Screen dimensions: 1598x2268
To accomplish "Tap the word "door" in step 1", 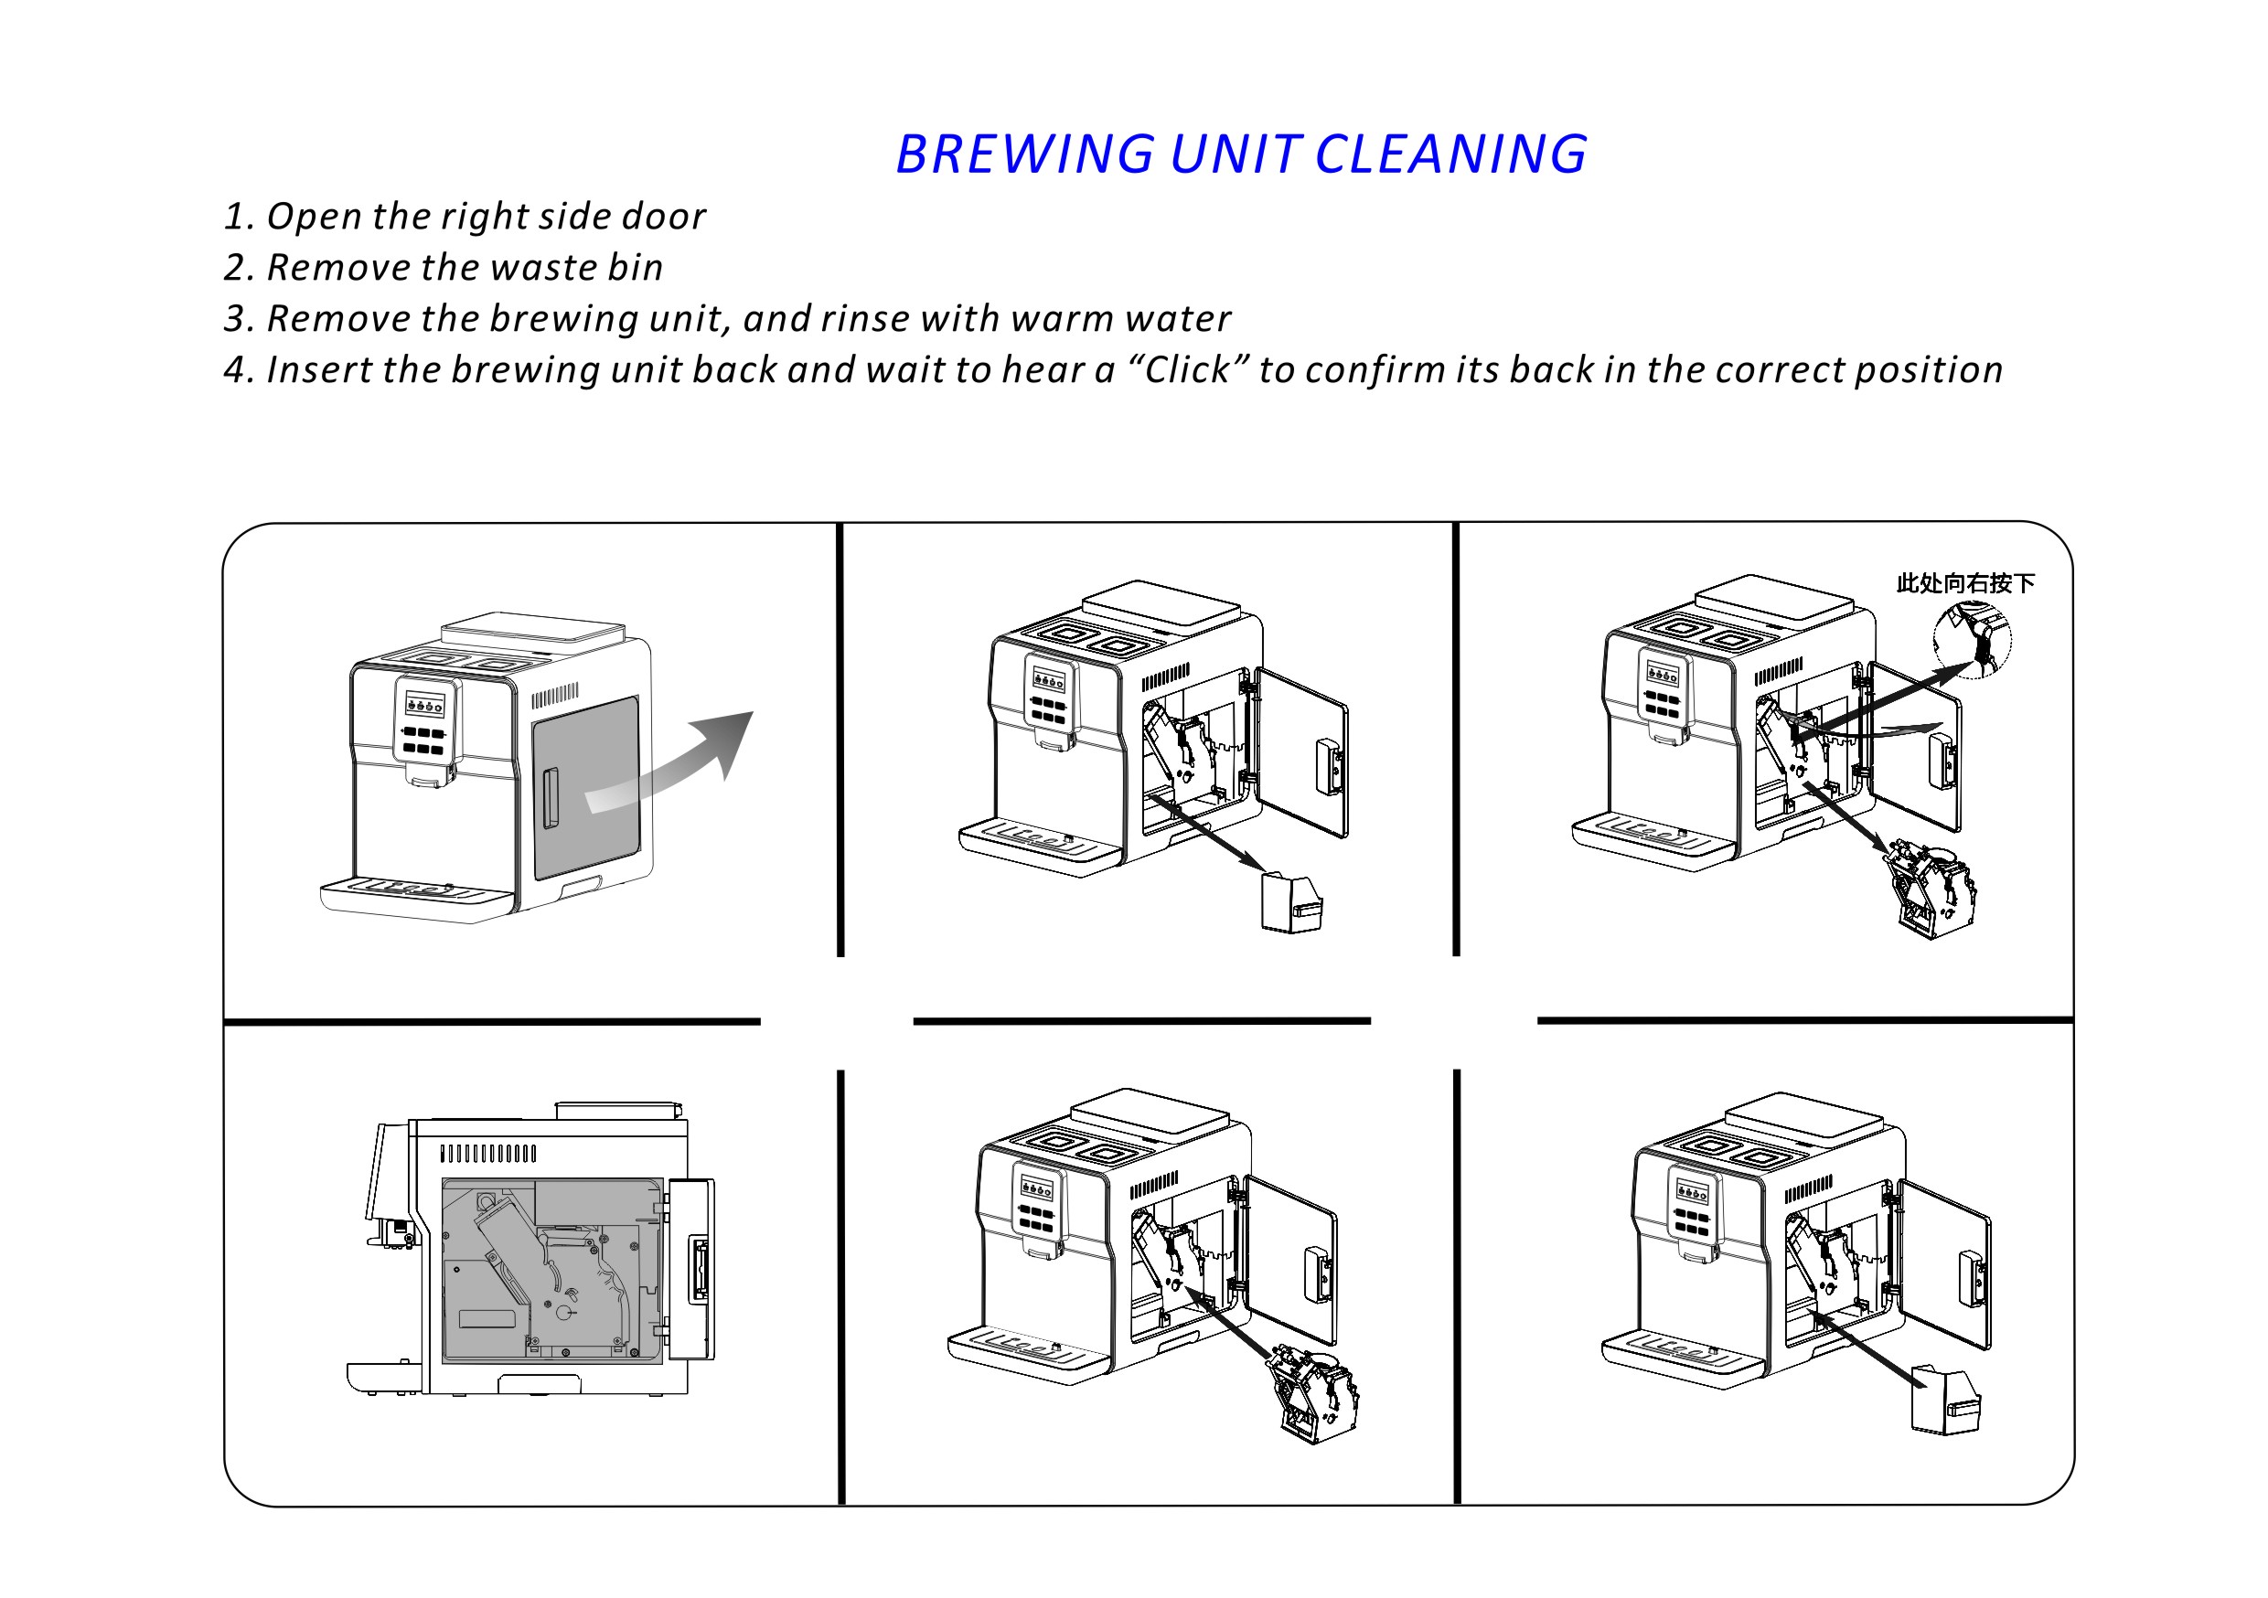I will tap(664, 217).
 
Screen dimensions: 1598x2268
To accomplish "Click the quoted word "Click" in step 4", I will tap(1186, 370).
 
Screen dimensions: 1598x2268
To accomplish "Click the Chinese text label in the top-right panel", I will tap(1964, 583).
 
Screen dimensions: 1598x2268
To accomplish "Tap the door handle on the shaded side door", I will tap(551, 798).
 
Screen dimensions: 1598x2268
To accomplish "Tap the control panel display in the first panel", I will tap(424, 705).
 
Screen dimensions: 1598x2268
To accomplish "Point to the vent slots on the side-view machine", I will tap(488, 1154).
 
